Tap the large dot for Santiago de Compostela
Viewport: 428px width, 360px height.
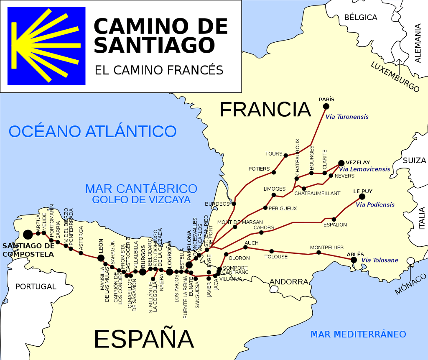click(28, 235)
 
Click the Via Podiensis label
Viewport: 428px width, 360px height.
click(375, 204)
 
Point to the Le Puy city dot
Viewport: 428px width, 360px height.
click(362, 197)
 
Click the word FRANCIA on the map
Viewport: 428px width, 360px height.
click(265, 110)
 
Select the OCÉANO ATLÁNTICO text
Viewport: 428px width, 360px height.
click(92, 131)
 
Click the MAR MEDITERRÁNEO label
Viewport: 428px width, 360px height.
click(358, 334)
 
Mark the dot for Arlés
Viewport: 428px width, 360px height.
click(354, 260)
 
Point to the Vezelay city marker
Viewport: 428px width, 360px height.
click(341, 163)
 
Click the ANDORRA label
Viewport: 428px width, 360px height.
click(288, 282)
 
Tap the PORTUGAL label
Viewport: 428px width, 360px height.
click(36, 286)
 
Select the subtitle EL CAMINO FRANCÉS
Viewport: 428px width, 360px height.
click(159, 70)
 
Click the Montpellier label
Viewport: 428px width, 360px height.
click(327, 248)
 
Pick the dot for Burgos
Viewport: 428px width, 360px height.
click(143, 272)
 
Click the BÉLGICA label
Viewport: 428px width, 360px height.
click(360, 17)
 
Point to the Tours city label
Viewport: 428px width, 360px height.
click(274, 153)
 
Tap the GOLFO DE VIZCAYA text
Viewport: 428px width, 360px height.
click(141, 199)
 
